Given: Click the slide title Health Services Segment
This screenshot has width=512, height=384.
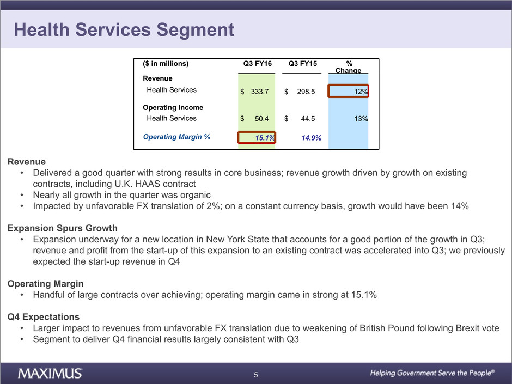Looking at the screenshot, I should (x=124, y=30).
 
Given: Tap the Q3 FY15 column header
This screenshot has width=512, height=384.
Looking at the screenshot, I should (x=303, y=64).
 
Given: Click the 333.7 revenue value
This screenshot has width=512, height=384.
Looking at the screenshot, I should (x=260, y=92).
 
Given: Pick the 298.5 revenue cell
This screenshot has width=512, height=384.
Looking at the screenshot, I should (x=306, y=92).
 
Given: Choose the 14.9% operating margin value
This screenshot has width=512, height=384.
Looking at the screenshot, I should (x=311, y=138).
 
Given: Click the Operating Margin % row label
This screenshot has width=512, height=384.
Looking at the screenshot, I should (x=176, y=137).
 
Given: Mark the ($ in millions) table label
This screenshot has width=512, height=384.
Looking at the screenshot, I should (x=166, y=64).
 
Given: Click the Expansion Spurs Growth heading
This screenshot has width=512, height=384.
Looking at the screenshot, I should (x=63, y=228).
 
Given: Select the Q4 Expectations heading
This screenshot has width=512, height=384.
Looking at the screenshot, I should (x=44, y=317).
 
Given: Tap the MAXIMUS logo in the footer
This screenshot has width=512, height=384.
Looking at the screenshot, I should (x=51, y=374).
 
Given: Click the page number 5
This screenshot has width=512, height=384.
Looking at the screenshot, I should (x=256, y=375).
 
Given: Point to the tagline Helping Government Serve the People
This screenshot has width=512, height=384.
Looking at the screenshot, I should (x=432, y=373).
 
